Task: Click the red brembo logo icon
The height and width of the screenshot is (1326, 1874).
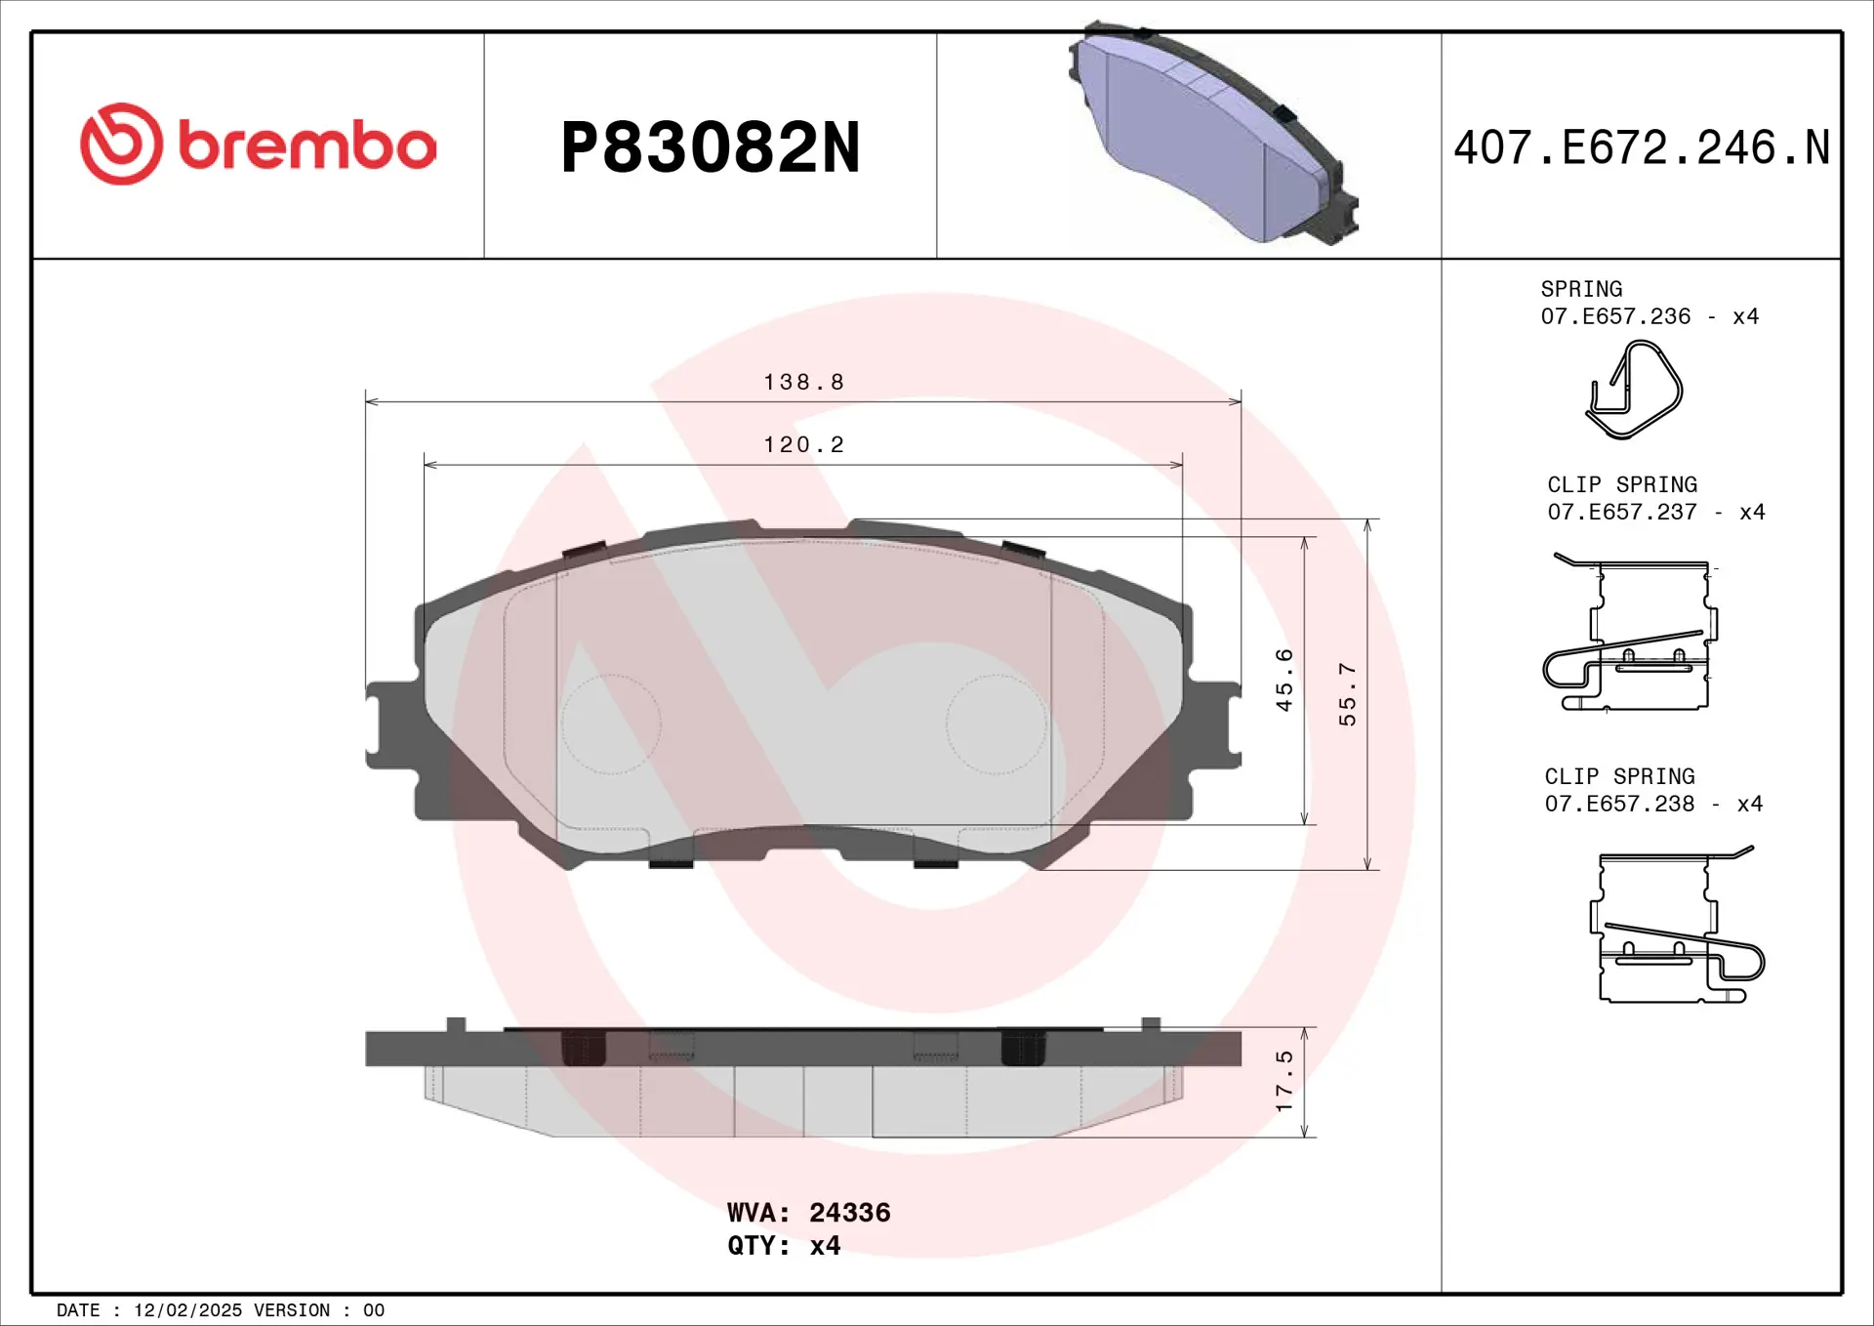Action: click(x=121, y=144)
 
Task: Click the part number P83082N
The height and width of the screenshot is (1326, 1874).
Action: click(x=711, y=148)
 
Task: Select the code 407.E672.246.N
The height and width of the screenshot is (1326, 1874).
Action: click(x=1641, y=148)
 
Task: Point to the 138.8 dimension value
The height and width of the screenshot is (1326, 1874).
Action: click(x=803, y=382)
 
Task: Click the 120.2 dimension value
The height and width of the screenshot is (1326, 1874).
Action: click(x=803, y=444)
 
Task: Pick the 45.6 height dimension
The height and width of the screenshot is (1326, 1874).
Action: click(x=1284, y=680)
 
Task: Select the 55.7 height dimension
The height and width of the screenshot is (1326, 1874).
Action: click(x=1347, y=694)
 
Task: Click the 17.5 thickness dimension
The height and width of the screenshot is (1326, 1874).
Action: click(x=1284, y=1081)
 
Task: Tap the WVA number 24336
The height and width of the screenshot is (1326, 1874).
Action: click(x=849, y=1213)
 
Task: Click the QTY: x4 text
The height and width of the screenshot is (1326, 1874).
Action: click(x=784, y=1246)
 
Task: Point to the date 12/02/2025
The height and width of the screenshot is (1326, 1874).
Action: click(x=187, y=1310)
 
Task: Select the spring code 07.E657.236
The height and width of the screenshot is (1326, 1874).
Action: click(x=1615, y=316)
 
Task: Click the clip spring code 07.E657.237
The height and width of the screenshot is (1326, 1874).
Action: click(x=1621, y=512)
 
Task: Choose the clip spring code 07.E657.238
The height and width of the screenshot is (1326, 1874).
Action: click(x=1619, y=804)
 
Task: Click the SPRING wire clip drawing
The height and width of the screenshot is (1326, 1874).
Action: click(x=1634, y=391)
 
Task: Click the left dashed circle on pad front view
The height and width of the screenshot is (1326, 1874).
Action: click(x=611, y=725)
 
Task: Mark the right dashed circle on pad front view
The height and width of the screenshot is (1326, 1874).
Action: click(x=997, y=725)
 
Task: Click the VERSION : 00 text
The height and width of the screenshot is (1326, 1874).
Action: click(x=319, y=1310)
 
